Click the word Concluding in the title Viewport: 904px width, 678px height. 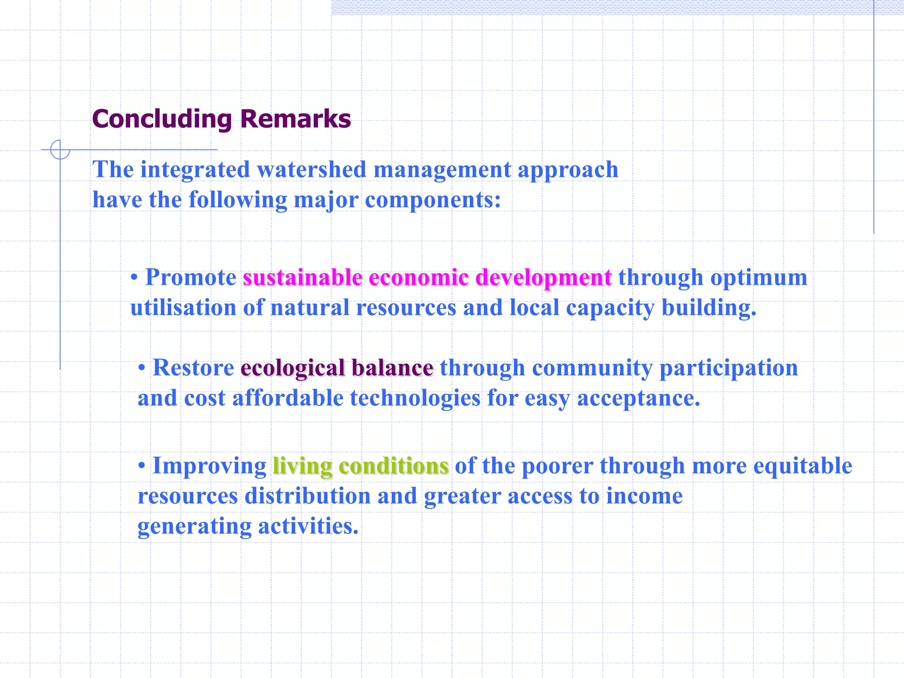(162, 119)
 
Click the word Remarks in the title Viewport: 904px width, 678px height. (295, 119)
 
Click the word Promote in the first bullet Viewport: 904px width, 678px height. (191, 278)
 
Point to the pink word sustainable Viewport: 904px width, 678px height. (302, 278)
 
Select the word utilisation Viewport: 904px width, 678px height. (183, 308)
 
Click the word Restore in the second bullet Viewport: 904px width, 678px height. (193, 368)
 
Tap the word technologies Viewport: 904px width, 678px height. (415, 398)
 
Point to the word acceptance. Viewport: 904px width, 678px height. (638, 398)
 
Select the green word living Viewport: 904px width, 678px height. (302, 466)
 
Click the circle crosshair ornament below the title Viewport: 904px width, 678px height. (60, 150)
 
